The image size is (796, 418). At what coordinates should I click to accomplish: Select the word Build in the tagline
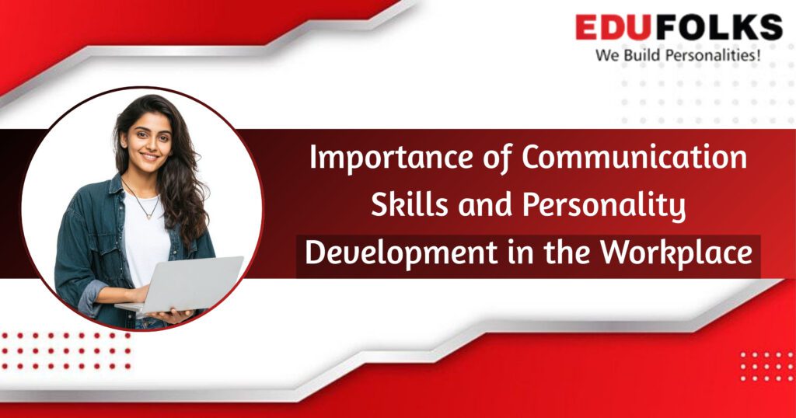(x=644, y=56)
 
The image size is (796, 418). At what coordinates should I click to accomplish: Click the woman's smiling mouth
(x=149, y=157)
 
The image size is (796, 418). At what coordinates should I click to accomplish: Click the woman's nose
(x=148, y=145)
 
